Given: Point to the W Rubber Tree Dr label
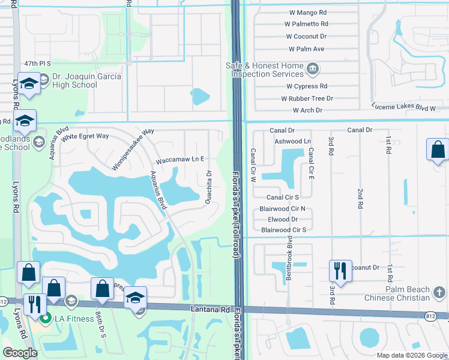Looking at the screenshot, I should (x=305, y=98).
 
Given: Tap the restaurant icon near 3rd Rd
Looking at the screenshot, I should (x=339, y=271).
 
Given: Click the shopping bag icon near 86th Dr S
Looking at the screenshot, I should (x=102, y=289).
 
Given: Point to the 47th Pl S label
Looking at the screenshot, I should (x=37, y=63).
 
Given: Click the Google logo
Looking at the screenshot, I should (x=20, y=353).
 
